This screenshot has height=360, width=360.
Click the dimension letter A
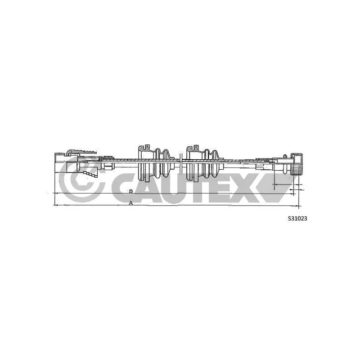coord(130,203)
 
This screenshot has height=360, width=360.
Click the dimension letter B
coord(131,191)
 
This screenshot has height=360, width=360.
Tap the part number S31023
coord(297,219)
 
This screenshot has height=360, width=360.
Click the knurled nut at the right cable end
coord(297,164)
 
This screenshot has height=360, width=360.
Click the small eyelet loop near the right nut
coord(285,156)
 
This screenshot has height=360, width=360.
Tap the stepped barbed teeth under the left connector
coord(91,174)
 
